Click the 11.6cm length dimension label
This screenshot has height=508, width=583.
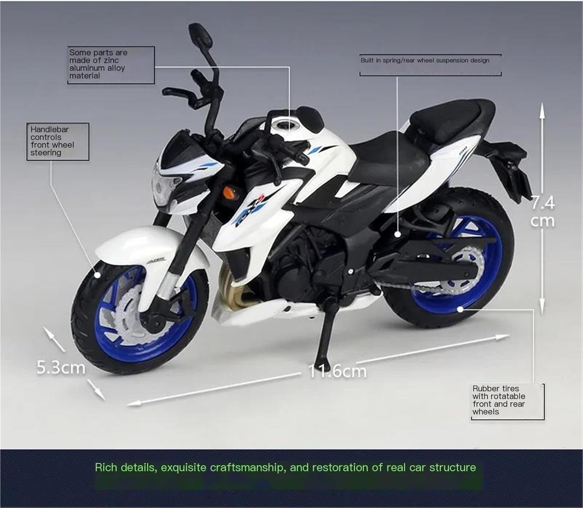click(x=337, y=372)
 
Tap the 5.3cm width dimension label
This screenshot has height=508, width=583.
click(x=61, y=367)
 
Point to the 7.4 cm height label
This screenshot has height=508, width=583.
click(x=543, y=212)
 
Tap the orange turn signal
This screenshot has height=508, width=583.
click(x=230, y=192)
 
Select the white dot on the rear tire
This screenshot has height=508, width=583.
click(x=460, y=310)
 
